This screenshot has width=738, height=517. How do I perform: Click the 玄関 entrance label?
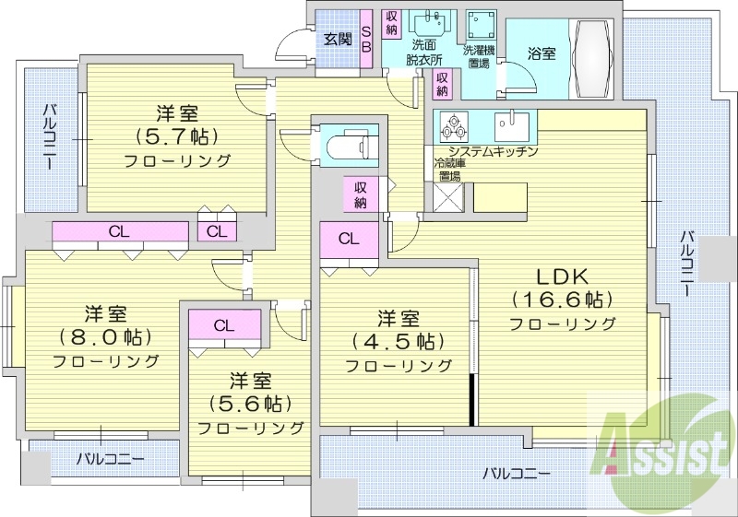coord(338,39)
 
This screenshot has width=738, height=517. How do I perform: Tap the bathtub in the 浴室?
coord(594,54)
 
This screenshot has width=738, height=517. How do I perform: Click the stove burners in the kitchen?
coord(454,125)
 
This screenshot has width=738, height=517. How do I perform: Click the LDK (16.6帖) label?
coord(563,288)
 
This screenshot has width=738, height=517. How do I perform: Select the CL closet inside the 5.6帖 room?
coord(224,325)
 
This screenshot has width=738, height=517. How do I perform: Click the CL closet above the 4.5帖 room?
coord(349,239)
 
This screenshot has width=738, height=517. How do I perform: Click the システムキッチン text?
coord(492,151)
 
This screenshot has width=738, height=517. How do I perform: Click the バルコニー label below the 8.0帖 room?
coord(110,458)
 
